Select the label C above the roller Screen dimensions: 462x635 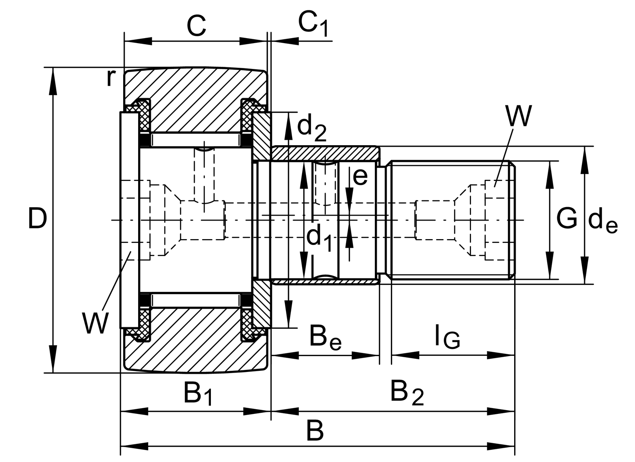[196, 26]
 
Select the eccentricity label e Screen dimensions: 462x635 [360, 177]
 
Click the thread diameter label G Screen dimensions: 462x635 [566, 219]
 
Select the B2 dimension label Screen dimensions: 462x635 [406, 393]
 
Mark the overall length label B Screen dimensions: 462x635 [315, 431]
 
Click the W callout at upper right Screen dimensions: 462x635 [518, 115]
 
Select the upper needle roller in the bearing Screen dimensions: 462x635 [196, 140]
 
